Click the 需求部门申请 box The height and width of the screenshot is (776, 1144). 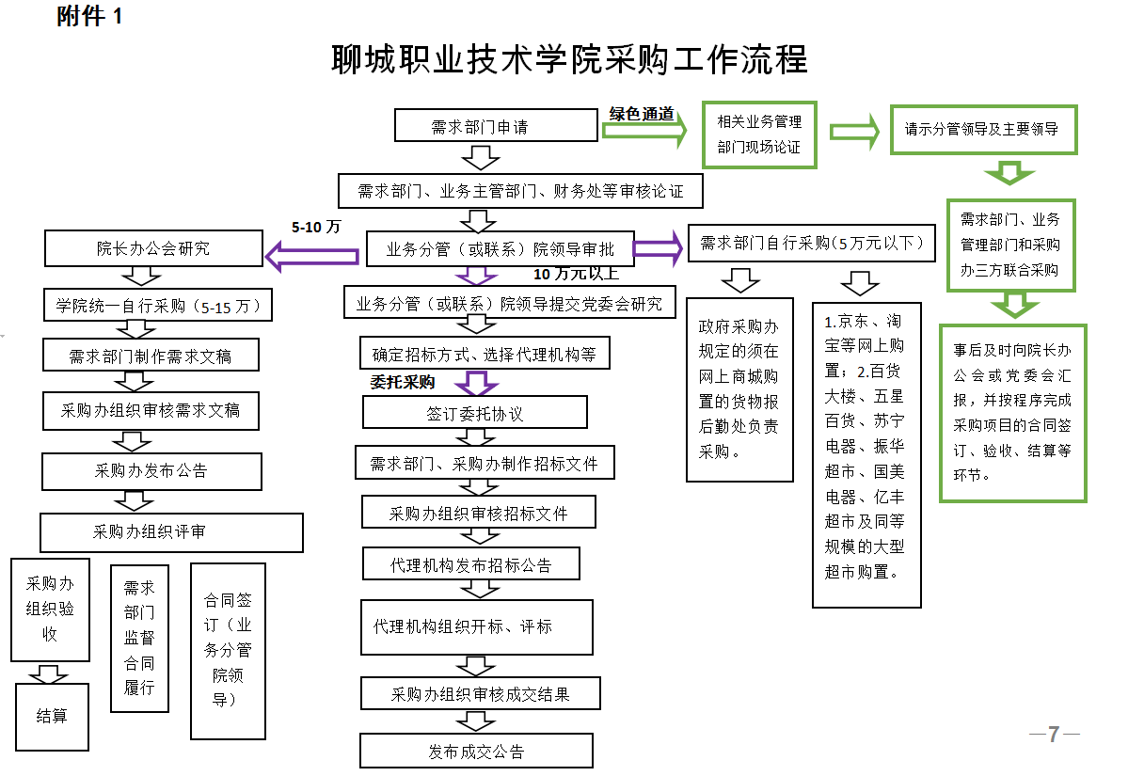[496, 126]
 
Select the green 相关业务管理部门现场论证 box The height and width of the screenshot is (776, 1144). [760, 135]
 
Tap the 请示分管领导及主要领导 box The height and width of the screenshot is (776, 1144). [981, 129]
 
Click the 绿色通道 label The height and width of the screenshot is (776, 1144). [642, 114]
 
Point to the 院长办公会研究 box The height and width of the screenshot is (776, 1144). [153, 249]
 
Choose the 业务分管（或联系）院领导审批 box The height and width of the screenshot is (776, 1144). [500, 249]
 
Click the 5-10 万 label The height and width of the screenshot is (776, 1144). [315, 227]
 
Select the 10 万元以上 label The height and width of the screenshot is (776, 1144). [577, 274]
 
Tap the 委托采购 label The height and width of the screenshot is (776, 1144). [403, 382]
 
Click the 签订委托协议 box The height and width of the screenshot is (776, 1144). [475, 413]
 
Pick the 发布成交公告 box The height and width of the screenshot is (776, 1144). [476, 752]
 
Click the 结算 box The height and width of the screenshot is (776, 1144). [52, 717]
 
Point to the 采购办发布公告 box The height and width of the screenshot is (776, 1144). [151, 470]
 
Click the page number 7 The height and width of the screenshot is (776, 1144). [1054, 735]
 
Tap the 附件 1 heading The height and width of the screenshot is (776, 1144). [90, 16]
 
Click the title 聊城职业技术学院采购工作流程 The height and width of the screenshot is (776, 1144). [570, 60]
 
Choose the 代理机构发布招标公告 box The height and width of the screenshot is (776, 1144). [470, 565]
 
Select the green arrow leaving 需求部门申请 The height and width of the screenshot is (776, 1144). [645, 133]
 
